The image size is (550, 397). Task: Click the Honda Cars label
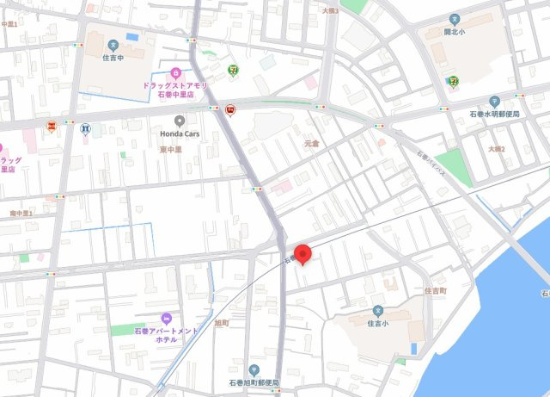(x=179, y=133)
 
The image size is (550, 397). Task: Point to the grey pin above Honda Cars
(x=179, y=121)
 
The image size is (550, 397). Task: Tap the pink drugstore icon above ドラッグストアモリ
(x=175, y=72)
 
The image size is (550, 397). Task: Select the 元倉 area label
(x=310, y=144)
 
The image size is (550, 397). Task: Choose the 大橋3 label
(x=330, y=11)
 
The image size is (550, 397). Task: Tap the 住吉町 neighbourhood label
(x=435, y=291)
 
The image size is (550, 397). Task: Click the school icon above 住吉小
(x=378, y=311)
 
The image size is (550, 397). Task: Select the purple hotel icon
(x=167, y=319)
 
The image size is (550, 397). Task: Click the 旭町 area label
(x=221, y=323)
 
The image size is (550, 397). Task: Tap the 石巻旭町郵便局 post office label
(x=254, y=382)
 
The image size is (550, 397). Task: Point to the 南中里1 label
(x=21, y=213)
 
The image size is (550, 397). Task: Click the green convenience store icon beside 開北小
(x=452, y=81)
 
